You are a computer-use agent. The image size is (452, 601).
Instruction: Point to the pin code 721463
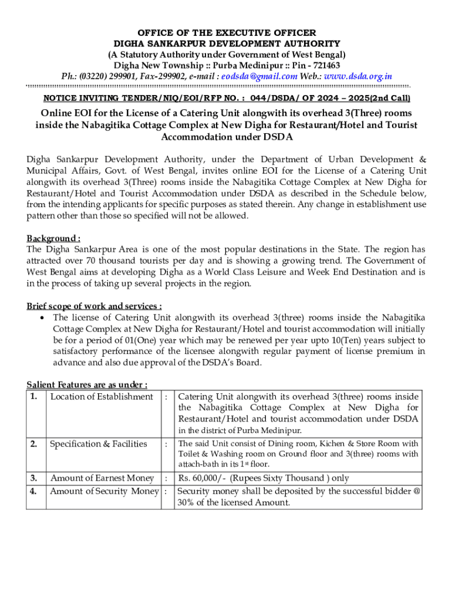pyautogui.click(x=324, y=65)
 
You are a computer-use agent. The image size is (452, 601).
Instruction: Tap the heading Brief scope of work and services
pyautogui.click(x=94, y=306)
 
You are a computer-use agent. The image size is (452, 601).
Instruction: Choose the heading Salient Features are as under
pyautogui.click(x=87, y=384)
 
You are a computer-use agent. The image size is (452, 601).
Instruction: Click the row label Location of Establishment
pyautogui.click(x=102, y=397)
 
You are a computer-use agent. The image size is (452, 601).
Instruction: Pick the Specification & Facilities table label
pyautogui.click(x=99, y=444)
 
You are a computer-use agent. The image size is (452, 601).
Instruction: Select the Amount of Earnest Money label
pyautogui.click(x=102, y=478)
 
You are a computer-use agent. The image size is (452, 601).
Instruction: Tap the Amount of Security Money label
pyautogui.click(x=104, y=491)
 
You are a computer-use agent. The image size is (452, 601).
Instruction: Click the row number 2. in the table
pyautogui.click(x=35, y=444)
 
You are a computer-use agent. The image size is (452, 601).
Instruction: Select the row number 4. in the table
pyautogui.click(x=35, y=491)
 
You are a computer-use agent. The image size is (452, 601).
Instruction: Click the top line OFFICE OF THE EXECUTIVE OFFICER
pyautogui.click(x=227, y=32)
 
